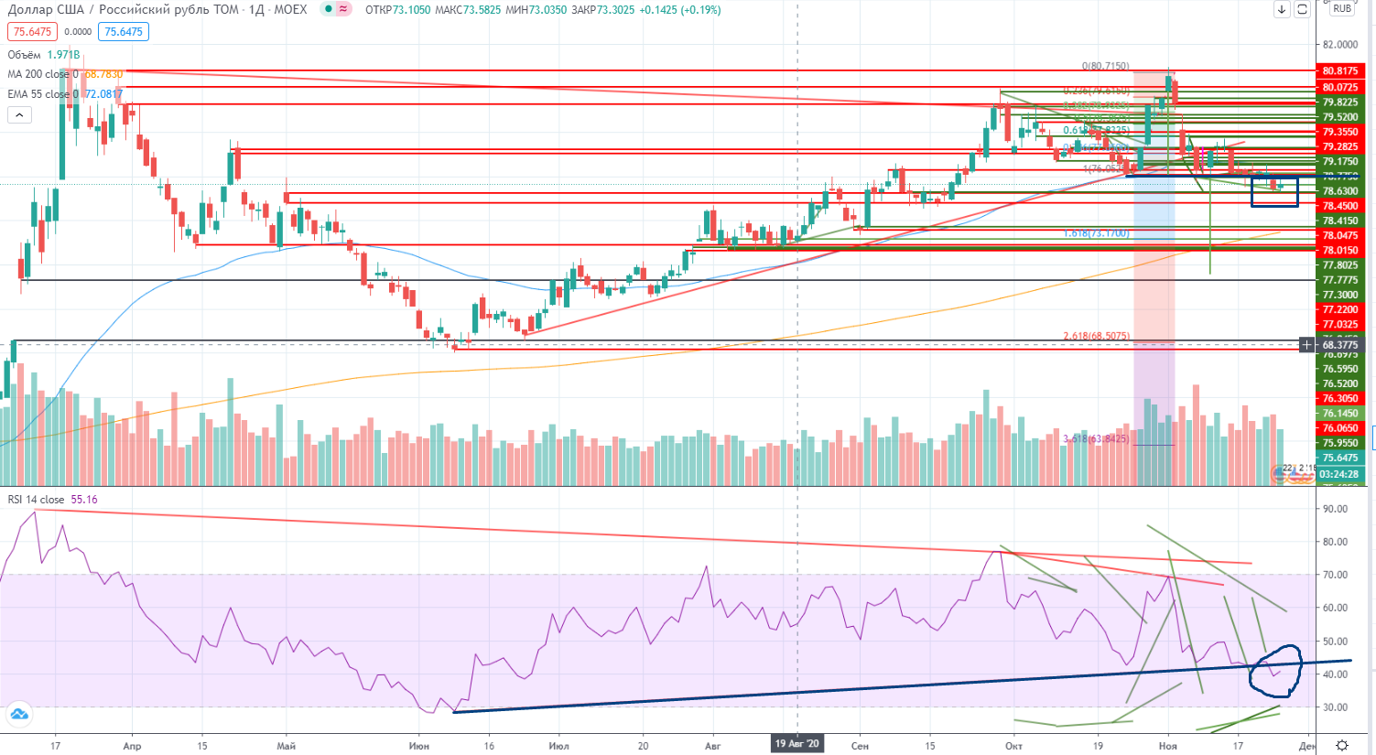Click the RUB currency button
pyautogui.click(x=1343, y=9)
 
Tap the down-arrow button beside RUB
pyautogui.click(x=1282, y=10)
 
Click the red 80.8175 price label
pyautogui.click(x=1339, y=71)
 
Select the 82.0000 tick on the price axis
pyautogui.click(x=1340, y=45)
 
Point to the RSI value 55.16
pyautogui.click(x=84, y=500)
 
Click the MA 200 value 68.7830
pyautogui.click(x=103, y=74)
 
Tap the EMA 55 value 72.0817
pyautogui.click(x=103, y=94)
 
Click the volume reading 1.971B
pyautogui.click(x=63, y=55)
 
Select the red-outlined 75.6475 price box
pyautogui.click(x=32, y=32)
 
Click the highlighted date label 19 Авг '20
pyautogui.click(x=797, y=744)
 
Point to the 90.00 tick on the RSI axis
pyautogui.click(x=1335, y=509)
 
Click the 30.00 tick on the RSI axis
pyautogui.click(x=1335, y=707)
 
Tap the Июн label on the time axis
pyautogui.click(x=419, y=746)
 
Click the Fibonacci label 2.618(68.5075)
pyautogui.click(x=1096, y=337)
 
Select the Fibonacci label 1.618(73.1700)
pyautogui.click(x=1096, y=233)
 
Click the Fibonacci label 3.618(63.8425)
pyautogui.click(x=1095, y=439)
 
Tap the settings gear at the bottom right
pyautogui.click(x=1342, y=746)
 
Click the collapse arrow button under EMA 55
pyautogui.click(x=19, y=114)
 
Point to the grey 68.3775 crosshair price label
pyautogui.click(x=1339, y=345)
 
